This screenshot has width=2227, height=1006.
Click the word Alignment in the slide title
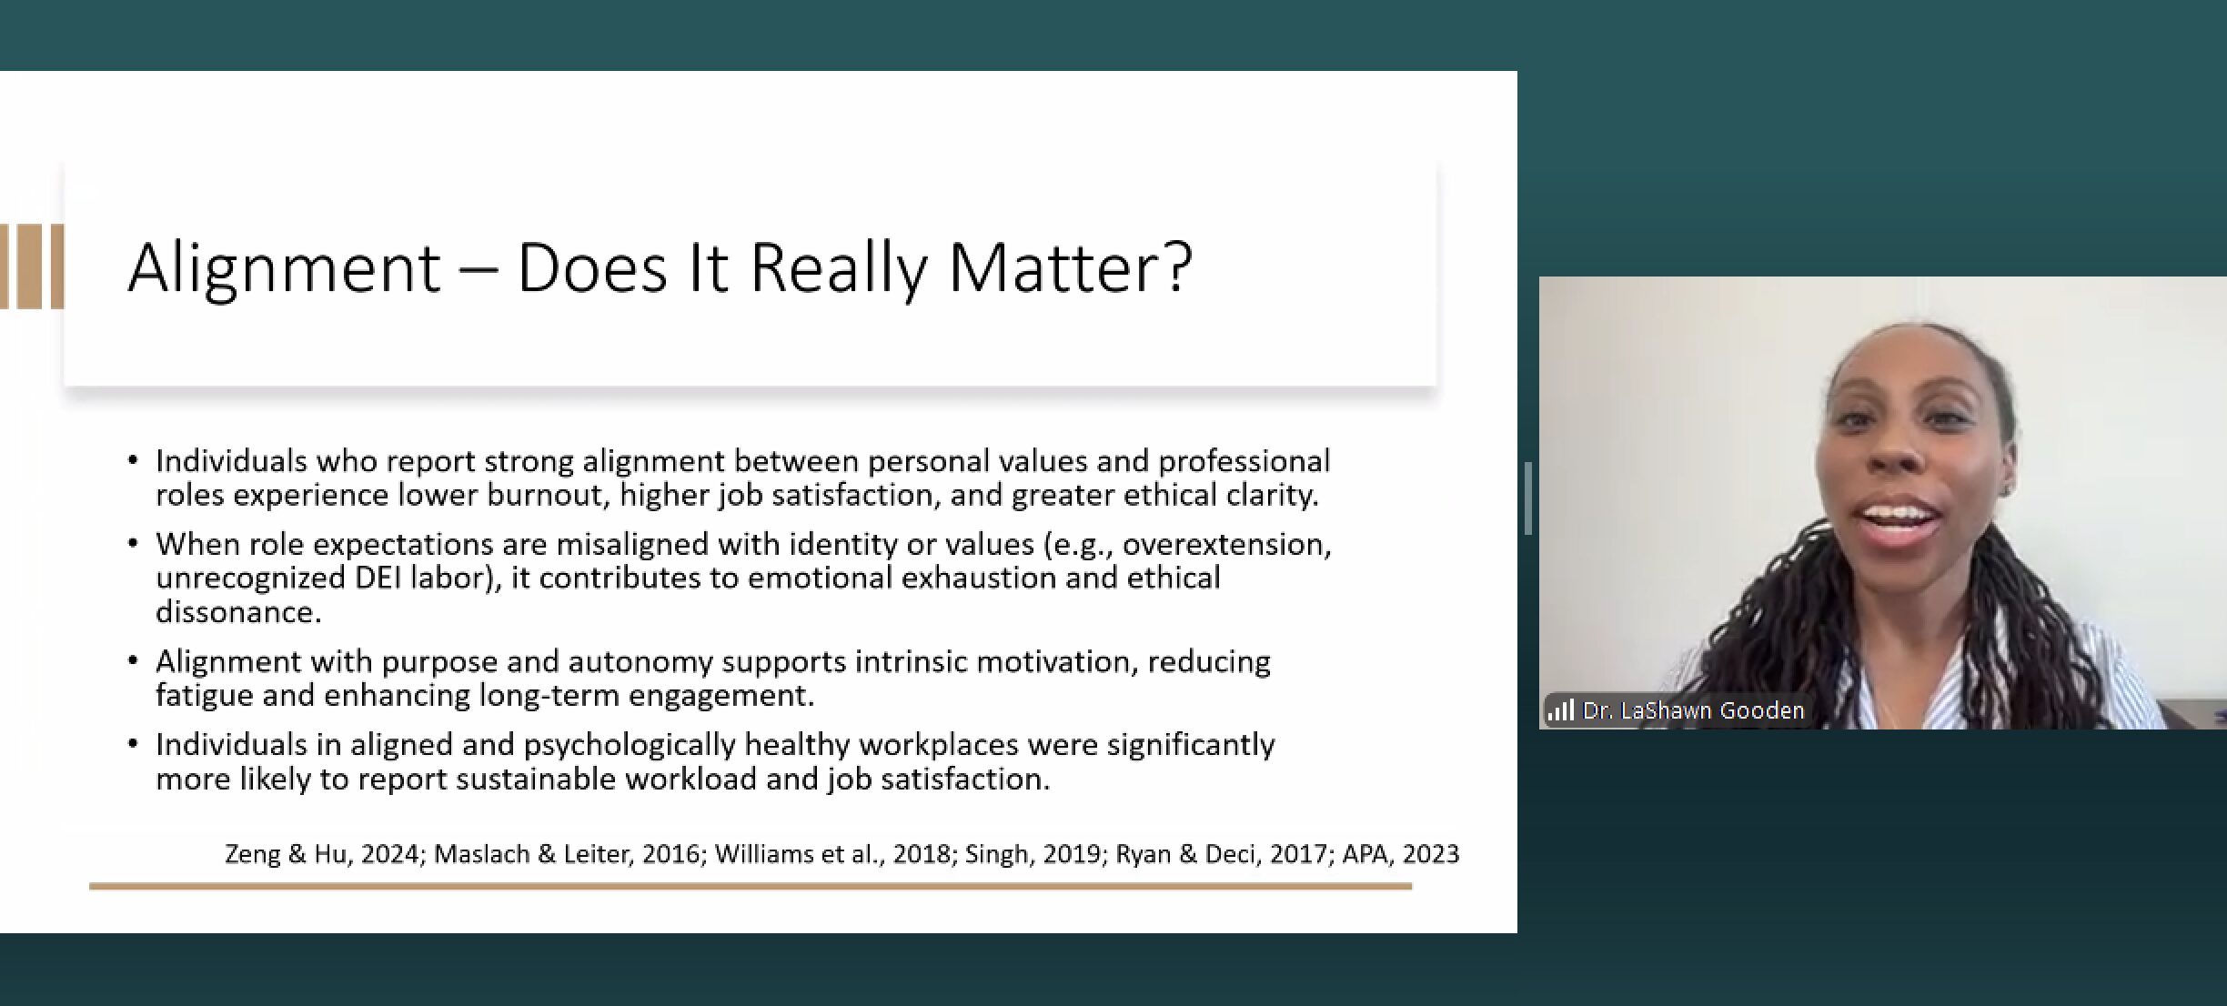point(284,269)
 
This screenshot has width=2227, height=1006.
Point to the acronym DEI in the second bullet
point(379,578)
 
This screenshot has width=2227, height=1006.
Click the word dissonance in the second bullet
point(238,612)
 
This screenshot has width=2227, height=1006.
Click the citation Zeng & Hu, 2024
point(322,854)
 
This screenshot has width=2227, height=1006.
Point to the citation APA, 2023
point(1401,854)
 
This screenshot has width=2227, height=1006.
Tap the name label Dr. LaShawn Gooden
point(1693,710)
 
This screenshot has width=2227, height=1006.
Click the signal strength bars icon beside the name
point(1560,709)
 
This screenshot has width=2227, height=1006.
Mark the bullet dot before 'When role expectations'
point(133,544)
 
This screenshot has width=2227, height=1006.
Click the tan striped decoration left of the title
point(32,267)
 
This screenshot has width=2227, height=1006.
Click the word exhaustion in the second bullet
point(978,578)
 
